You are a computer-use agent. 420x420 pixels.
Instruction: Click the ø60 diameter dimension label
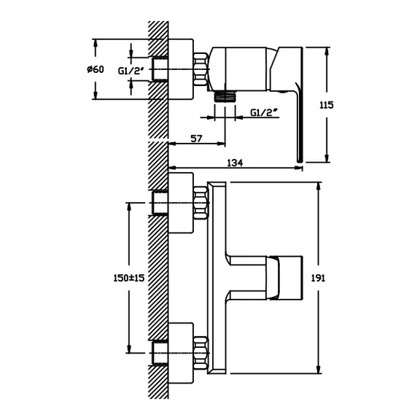[x=96, y=69]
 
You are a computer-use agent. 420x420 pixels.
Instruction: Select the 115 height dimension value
[x=326, y=105]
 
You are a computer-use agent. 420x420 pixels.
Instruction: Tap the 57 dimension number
[x=196, y=139]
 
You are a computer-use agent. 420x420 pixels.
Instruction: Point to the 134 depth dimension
[x=235, y=163]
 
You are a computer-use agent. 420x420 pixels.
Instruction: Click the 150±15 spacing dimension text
[x=129, y=278]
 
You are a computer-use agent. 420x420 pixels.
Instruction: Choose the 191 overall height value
[x=318, y=278]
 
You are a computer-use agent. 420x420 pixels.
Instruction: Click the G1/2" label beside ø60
[x=131, y=71]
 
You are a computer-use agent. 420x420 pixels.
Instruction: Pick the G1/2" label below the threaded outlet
[x=263, y=112]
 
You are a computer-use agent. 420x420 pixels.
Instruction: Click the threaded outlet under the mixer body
[x=225, y=96]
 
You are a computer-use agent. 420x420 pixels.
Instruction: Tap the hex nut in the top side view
[x=201, y=69]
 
